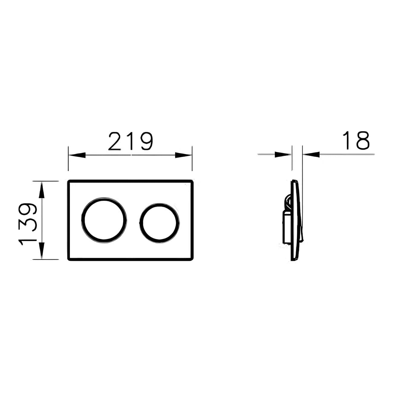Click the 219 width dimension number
(131, 141)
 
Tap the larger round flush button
(104, 220)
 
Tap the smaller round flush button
(160, 223)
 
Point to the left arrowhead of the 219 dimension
(77, 155)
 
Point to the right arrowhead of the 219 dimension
(184, 155)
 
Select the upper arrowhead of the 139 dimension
(42, 190)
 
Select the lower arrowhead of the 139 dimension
(42, 251)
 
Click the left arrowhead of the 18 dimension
(283, 154)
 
